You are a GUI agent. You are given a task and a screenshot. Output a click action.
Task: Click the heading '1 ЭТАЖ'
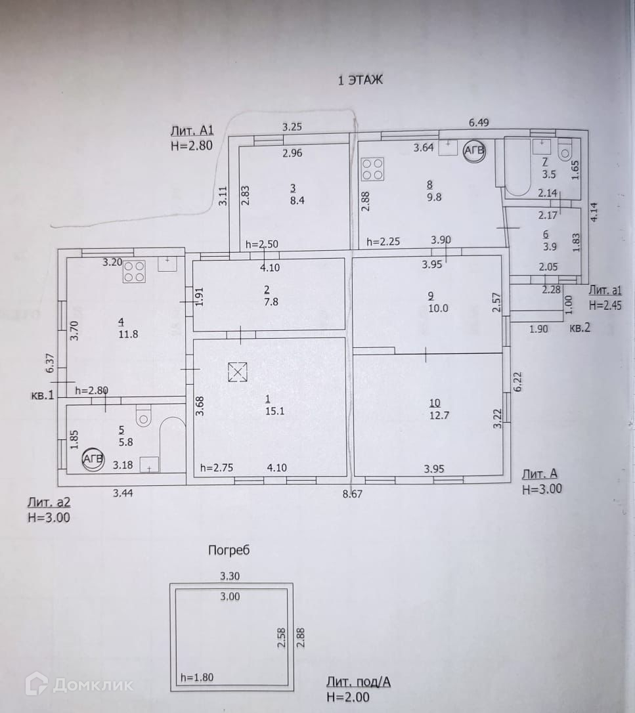[x=360, y=81]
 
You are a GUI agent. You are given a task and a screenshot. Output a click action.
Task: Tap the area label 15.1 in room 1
[x=267, y=412]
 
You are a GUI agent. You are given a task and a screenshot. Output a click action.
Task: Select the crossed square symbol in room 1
[x=236, y=373]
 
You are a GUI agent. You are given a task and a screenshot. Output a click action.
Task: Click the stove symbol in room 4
[x=135, y=271]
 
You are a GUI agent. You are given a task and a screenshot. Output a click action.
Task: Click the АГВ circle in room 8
[x=474, y=152]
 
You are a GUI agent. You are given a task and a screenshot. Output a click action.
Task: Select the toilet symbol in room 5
[x=144, y=416]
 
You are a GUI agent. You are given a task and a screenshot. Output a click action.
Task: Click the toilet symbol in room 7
[x=564, y=151]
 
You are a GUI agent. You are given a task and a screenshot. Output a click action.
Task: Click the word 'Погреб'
[x=229, y=550]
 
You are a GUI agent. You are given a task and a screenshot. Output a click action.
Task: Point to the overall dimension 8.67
[x=353, y=494]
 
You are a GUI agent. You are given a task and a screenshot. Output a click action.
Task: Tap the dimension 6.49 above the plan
[x=479, y=122]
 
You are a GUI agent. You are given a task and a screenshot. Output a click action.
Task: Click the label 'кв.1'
[x=42, y=395]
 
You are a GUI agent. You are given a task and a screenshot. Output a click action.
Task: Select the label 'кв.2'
[x=580, y=328]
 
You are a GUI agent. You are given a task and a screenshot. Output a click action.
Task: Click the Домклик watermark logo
[x=79, y=685]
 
